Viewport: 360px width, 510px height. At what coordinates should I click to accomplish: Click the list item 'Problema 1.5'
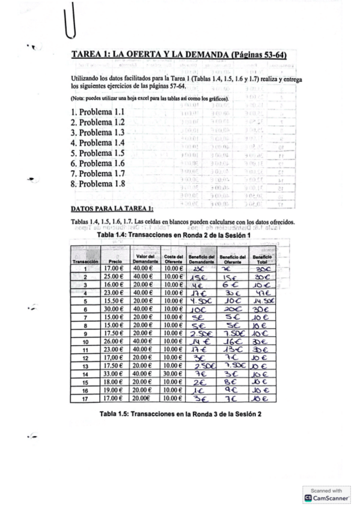pos(97,153)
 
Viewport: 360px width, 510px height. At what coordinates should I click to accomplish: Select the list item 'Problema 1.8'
pos(97,184)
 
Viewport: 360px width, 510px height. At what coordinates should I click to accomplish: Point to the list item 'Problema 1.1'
pos(97,112)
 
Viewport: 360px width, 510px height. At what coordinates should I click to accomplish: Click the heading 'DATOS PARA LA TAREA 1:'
pos(112,209)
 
